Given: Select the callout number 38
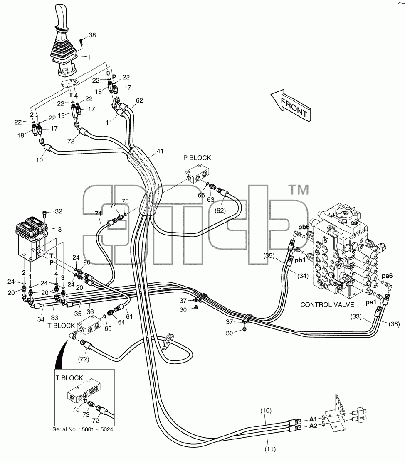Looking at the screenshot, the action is tap(92, 35).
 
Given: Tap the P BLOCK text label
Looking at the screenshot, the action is tap(197, 158).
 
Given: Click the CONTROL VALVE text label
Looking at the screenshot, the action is tap(327, 305).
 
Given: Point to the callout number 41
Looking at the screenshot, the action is tap(160, 151).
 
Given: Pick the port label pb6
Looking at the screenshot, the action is tap(304, 227).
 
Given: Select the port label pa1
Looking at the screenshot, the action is tap(371, 302).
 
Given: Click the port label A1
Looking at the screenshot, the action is tap(313, 419).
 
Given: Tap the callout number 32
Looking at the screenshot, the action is tap(59, 211).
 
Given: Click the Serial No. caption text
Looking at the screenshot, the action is tap(83, 429).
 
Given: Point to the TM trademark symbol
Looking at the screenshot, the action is tap(299, 190).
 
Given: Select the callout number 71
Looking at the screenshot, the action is tap(99, 213).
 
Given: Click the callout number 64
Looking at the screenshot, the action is tap(121, 322).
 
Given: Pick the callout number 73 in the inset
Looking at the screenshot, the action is tap(86, 415).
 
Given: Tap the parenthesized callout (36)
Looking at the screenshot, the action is tap(394, 324).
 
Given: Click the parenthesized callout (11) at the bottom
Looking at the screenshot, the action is tap(269, 449).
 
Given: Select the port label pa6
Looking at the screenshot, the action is tap(387, 276).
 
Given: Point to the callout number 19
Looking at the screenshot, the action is tap(61, 115).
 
